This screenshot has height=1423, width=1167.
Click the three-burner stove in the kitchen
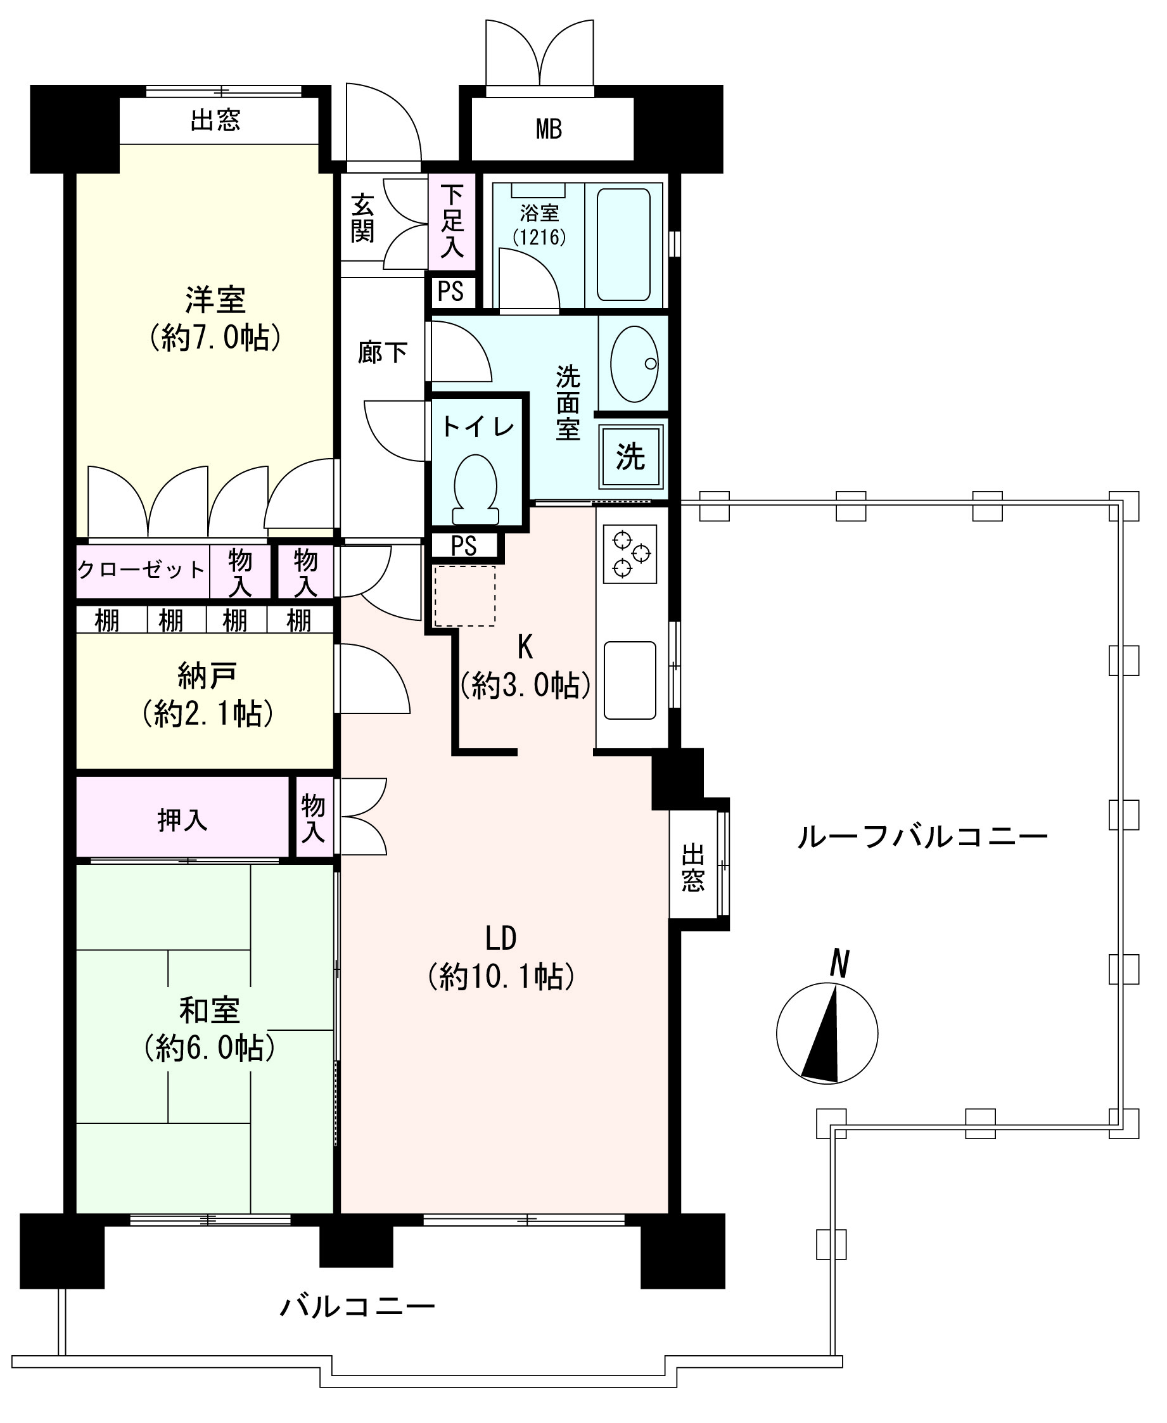pyautogui.click(x=630, y=553)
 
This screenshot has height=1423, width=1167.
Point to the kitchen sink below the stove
pyautogui.click(x=629, y=680)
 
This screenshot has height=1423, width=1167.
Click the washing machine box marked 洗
pyautogui.click(x=630, y=456)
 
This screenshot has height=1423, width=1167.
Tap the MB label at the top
pyautogui.click(x=549, y=129)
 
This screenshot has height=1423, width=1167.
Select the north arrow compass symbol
pyautogui.click(x=827, y=1033)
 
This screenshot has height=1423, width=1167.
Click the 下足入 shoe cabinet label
pyautogui.click(x=452, y=222)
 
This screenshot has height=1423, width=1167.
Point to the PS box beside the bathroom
pyautogui.click(x=451, y=291)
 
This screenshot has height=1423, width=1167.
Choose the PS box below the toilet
pyautogui.click(x=464, y=546)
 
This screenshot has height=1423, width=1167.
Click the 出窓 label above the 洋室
pyautogui.click(x=215, y=120)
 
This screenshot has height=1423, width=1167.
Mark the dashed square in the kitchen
pyautogui.click(x=464, y=596)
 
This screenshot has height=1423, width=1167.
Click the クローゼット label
pyautogui.click(x=141, y=570)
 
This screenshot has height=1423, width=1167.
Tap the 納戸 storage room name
pyautogui.click(x=207, y=675)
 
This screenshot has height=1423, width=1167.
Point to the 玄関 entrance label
pyautogui.click(x=362, y=219)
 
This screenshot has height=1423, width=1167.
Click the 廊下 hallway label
pyautogui.click(x=382, y=352)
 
